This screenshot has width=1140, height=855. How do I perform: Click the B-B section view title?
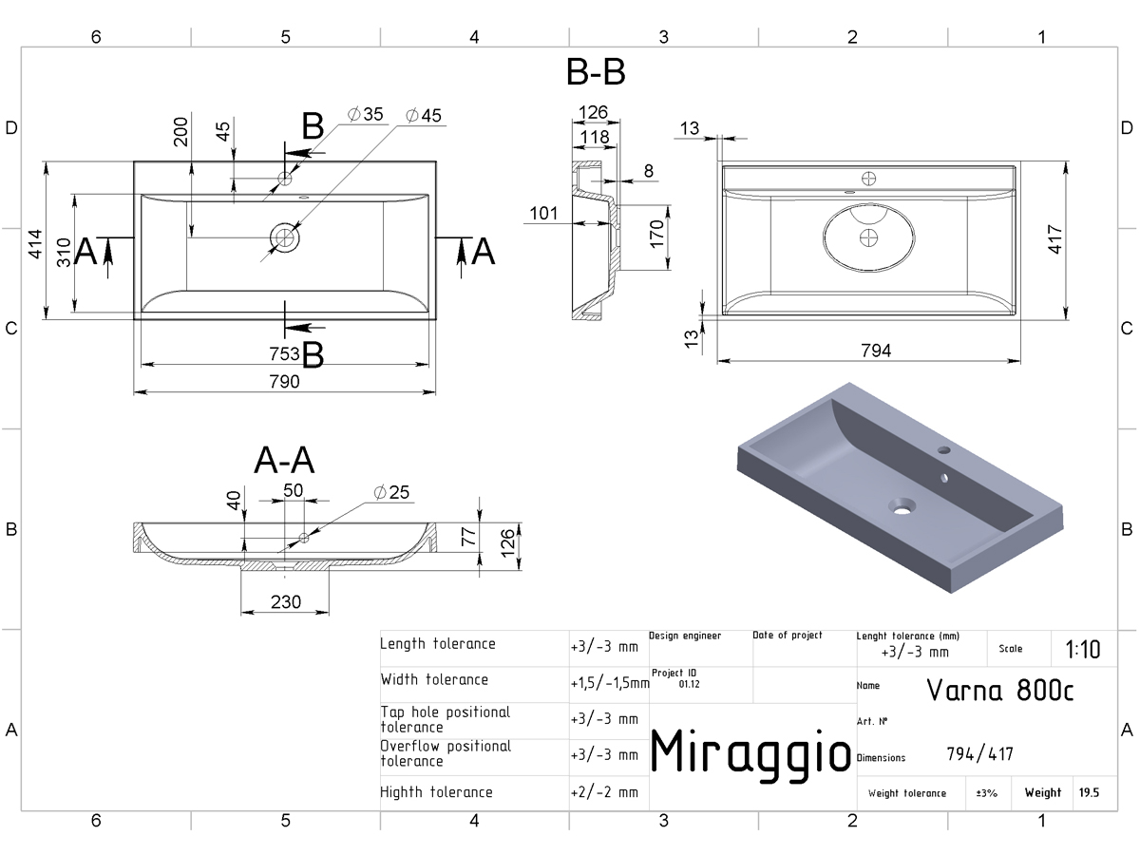pos(596,71)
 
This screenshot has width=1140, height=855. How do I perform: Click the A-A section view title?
pos(284,461)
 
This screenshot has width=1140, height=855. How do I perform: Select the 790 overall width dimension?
pos(284,382)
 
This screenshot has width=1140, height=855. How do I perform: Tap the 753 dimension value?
pos(284,354)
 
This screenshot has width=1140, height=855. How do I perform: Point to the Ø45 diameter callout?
pos(424,115)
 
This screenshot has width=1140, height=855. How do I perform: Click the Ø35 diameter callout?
pos(365,114)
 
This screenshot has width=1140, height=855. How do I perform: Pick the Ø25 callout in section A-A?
pos(391,492)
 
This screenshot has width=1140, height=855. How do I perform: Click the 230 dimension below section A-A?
pos(286,602)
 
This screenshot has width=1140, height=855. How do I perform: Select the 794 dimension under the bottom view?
pos(876,351)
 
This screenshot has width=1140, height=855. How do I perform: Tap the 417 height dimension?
pos(1054,239)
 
